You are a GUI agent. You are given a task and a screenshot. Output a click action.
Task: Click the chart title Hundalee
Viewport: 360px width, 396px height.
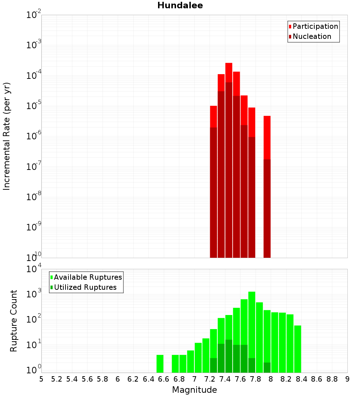click(180, 5)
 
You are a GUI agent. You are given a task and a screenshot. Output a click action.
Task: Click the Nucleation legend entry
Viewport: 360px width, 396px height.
click(312, 37)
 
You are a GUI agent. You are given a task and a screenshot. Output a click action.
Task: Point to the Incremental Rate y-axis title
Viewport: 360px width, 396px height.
click(7, 136)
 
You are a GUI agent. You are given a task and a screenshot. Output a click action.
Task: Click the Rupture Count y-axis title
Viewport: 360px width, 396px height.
click(14, 321)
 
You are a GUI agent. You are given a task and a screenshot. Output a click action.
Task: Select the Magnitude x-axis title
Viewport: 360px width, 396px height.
click(194, 390)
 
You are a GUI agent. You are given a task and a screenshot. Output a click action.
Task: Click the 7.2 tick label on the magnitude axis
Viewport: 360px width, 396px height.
click(210, 379)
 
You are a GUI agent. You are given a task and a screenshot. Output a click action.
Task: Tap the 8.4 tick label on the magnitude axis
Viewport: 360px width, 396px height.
click(301, 379)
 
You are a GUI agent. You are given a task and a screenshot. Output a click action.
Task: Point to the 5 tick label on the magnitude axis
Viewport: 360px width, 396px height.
click(41, 379)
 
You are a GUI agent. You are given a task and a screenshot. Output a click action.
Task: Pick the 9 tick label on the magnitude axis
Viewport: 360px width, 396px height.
click(347, 379)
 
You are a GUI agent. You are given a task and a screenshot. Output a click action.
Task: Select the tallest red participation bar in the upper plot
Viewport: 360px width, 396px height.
click(229, 72)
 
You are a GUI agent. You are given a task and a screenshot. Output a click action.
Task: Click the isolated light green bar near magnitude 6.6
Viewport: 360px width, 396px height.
click(160, 364)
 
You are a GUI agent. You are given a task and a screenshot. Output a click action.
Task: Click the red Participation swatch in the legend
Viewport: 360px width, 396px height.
click(290, 27)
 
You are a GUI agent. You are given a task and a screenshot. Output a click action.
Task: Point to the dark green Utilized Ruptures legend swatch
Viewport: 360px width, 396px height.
click(52, 288)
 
